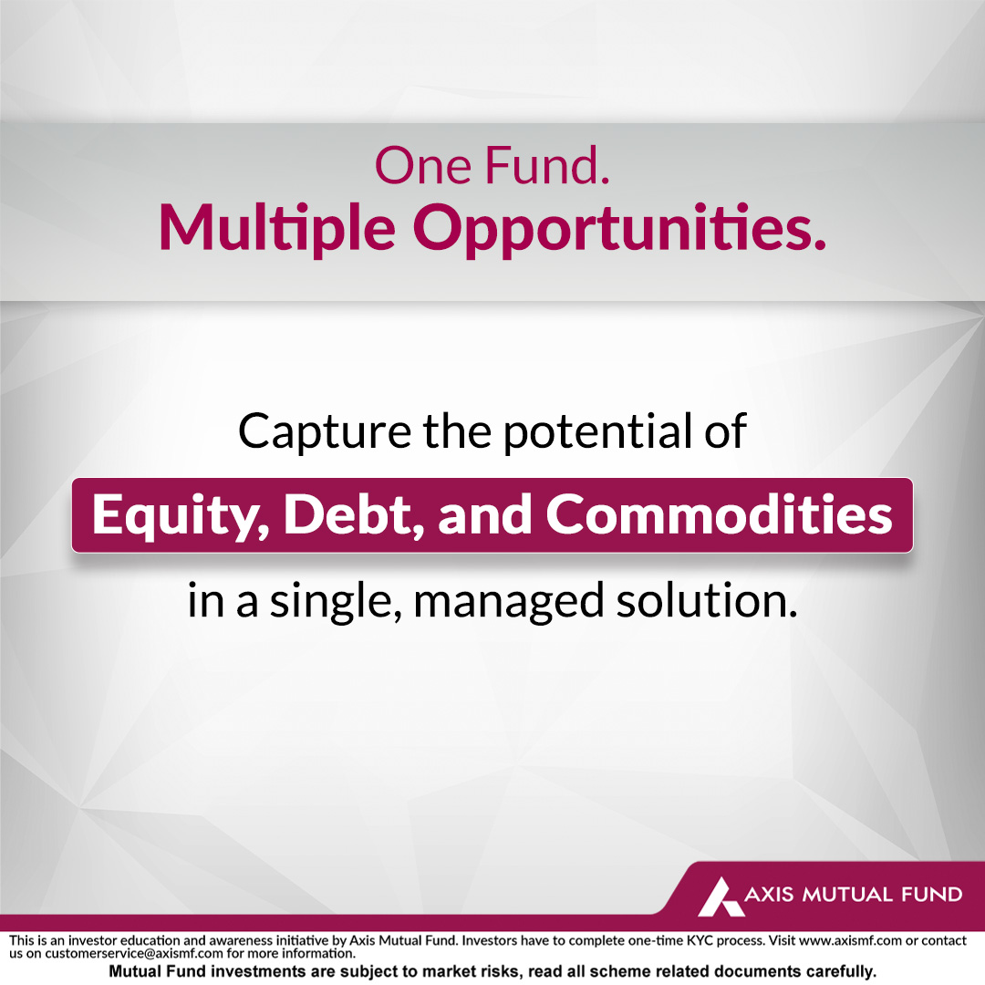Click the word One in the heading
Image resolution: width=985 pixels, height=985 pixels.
click(x=423, y=166)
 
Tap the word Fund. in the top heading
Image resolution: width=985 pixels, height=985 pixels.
click(x=547, y=166)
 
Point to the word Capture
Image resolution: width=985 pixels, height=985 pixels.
click(x=325, y=433)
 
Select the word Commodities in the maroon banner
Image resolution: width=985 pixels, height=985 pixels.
click(x=719, y=515)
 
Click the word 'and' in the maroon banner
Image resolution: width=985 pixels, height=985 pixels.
click(x=484, y=515)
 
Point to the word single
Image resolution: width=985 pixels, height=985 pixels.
click(x=336, y=602)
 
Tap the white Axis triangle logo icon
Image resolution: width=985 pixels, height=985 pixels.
click(x=720, y=897)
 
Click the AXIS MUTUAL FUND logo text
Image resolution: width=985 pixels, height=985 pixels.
click(x=853, y=894)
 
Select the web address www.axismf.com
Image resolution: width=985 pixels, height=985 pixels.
click(x=850, y=940)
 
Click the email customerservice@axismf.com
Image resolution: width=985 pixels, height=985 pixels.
click(x=134, y=953)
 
